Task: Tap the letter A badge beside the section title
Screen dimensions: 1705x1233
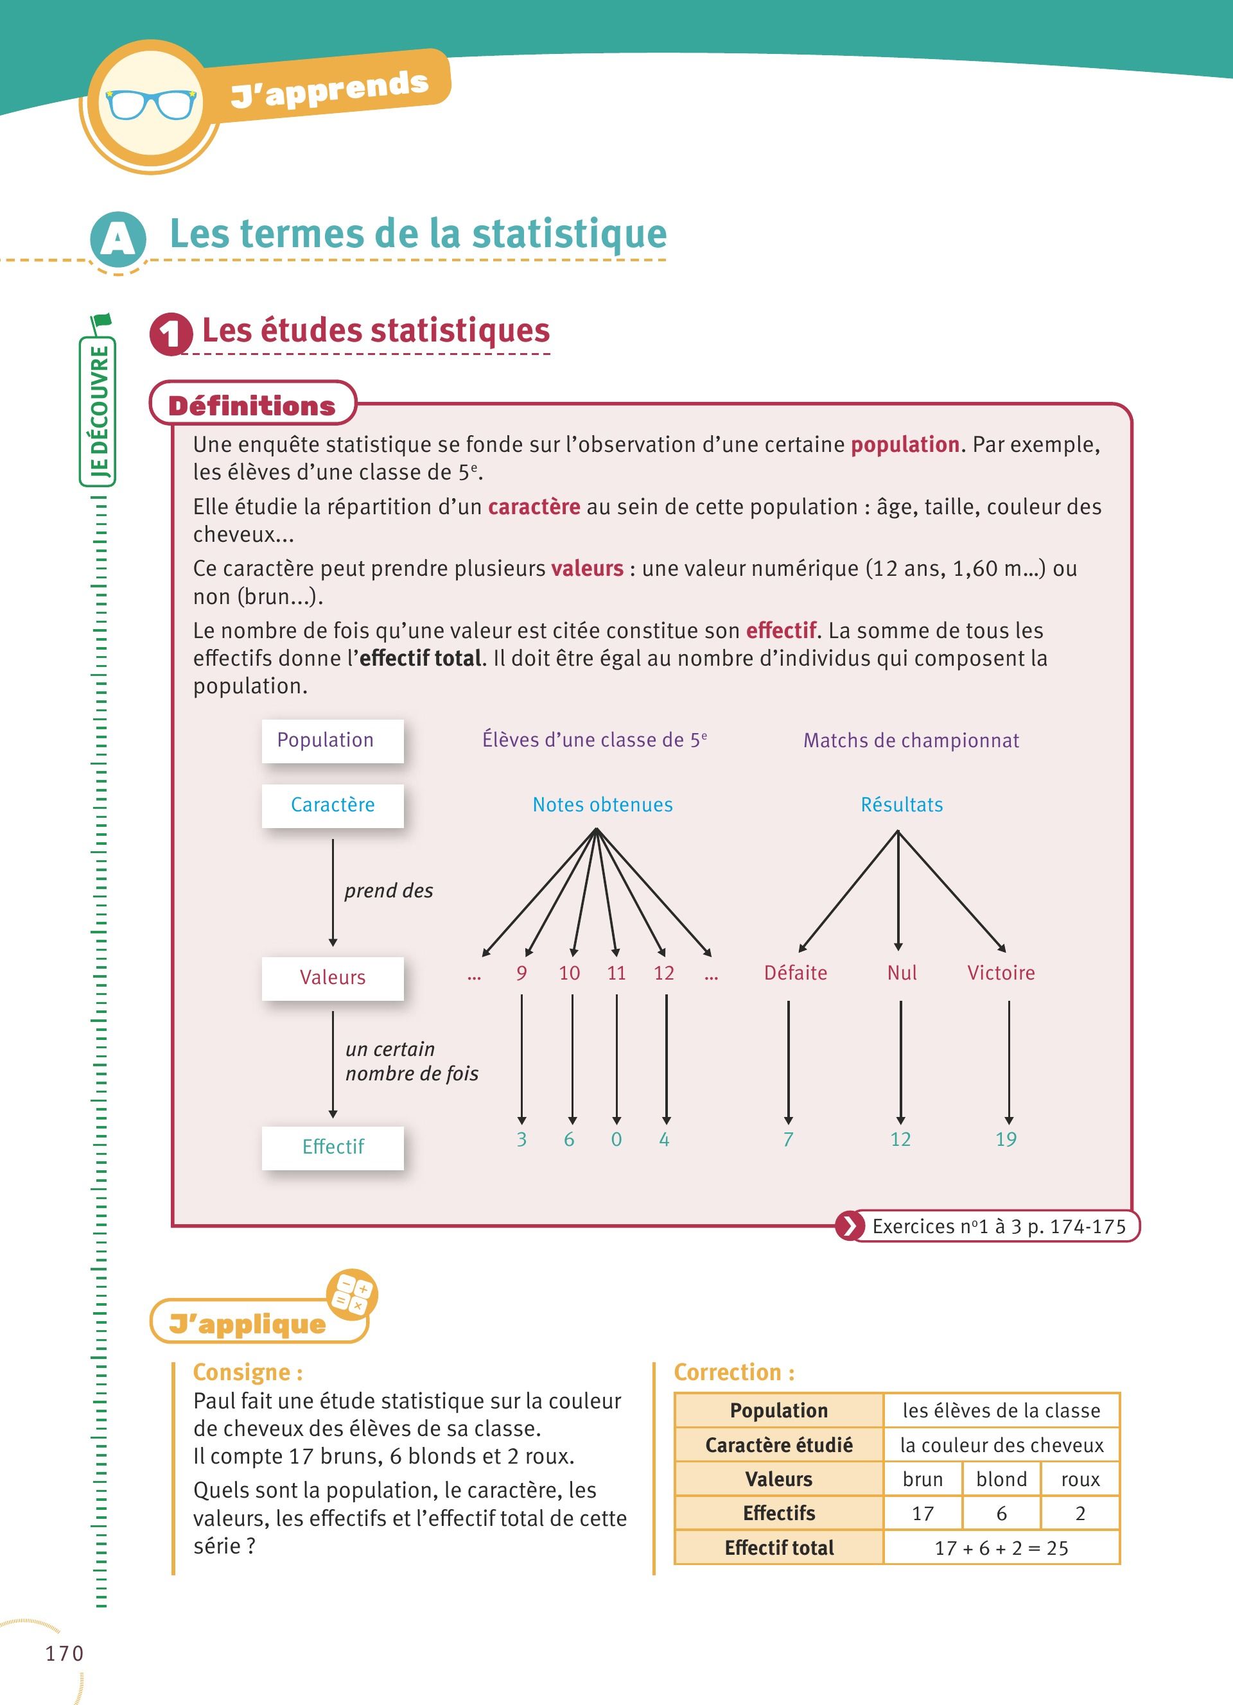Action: click(118, 239)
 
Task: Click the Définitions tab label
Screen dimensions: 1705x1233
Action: click(252, 406)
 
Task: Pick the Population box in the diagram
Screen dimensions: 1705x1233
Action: click(332, 741)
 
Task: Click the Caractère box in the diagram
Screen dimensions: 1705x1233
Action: click(332, 805)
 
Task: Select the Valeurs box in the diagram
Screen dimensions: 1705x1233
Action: click(332, 977)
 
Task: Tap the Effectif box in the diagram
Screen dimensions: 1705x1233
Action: click(332, 1147)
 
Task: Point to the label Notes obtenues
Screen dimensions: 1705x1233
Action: click(602, 805)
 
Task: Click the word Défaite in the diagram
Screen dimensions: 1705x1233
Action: click(796, 974)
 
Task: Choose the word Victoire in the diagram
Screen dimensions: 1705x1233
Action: click(1001, 974)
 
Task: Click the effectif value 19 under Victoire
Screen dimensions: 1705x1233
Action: click(1006, 1139)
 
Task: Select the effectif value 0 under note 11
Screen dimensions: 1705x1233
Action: click(616, 1139)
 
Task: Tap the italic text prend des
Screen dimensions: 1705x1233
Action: click(389, 891)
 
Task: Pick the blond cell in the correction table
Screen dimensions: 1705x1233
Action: click(1001, 1480)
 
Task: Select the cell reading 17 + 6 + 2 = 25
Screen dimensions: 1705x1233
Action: click(1001, 1548)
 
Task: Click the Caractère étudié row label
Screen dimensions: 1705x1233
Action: click(779, 1445)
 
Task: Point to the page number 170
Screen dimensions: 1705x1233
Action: click(65, 1653)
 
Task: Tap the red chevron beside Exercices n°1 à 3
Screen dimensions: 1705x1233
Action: click(850, 1227)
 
